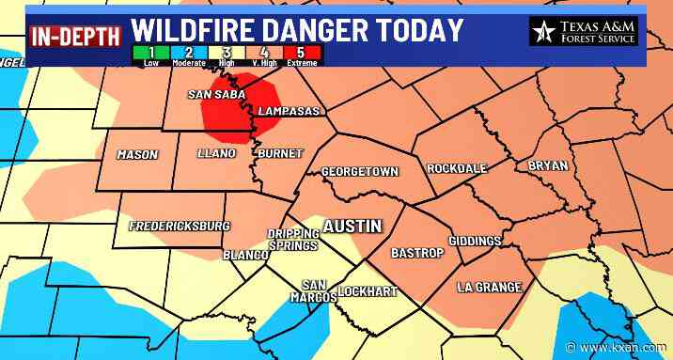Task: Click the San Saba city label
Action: click(x=217, y=94)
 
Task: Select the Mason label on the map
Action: click(x=137, y=154)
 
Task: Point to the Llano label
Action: click(x=216, y=153)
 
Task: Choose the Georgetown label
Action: click(x=360, y=172)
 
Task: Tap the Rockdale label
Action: click(x=457, y=168)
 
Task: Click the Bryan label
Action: click(x=548, y=164)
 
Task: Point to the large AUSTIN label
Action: click(x=352, y=227)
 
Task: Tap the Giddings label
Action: click(x=475, y=242)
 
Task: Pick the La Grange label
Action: click(x=489, y=287)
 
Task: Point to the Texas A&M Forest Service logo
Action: click(x=584, y=31)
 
